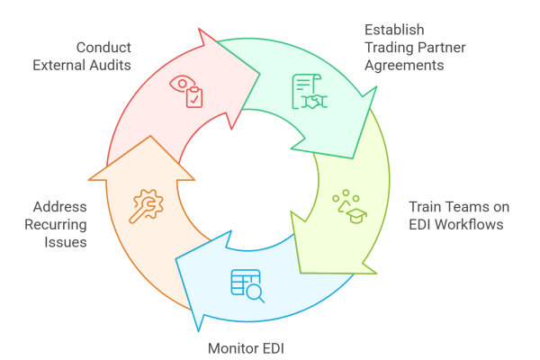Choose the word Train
[x=427, y=205]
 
